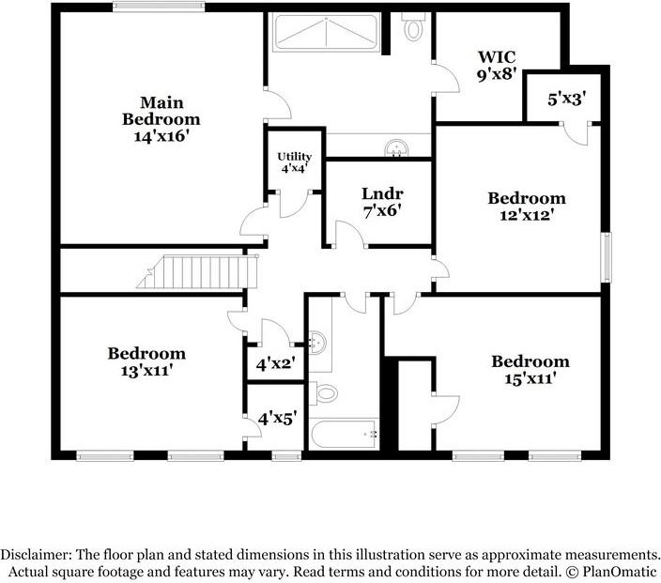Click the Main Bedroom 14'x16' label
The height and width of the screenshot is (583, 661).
[x=161, y=119]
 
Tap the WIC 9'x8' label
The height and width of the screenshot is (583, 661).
[x=497, y=66]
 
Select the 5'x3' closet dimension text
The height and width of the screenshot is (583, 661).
[x=567, y=100]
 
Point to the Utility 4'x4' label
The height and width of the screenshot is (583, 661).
[x=295, y=162]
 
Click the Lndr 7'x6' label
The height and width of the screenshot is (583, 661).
[x=382, y=202]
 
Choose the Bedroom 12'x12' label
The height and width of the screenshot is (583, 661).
[x=527, y=207]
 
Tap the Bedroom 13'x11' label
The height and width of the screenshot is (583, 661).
[x=146, y=361]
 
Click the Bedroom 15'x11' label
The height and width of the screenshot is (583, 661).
[x=530, y=370]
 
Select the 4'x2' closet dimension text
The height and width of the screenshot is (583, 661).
[x=275, y=364]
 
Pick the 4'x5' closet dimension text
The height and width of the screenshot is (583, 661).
[x=277, y=419]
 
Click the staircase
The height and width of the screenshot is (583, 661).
[x=197, y=272]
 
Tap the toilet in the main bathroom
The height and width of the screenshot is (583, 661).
[x=413, y=27]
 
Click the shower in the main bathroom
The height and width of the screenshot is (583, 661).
[x=327, y=32]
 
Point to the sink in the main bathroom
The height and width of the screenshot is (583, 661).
[x=396, y=149]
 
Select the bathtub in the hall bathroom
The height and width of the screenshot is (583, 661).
[x=344, y=434]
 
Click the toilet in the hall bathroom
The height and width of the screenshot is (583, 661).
[x=324, y=393]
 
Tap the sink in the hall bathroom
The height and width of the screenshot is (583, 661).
[x=317, y=343]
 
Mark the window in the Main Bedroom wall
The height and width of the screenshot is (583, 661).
[x=159, y=7]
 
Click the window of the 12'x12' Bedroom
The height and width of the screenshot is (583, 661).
[x=606, y=257]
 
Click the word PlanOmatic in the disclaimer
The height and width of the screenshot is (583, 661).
[x=620, y=572]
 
